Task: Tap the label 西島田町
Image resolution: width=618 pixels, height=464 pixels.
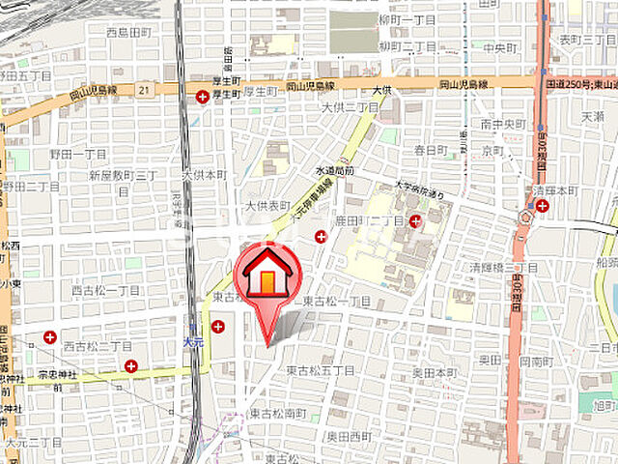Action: (128, 32)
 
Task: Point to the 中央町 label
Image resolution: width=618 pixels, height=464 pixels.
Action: (502, 45)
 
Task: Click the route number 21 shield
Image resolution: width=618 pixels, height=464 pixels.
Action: (143, 89)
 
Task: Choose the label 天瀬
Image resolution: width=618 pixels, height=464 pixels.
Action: (592, 116)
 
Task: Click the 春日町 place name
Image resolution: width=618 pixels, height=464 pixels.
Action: (431, 150)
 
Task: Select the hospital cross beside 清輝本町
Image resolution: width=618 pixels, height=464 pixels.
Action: (543, 205)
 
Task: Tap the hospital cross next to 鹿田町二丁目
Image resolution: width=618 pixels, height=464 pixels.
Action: (415, 221)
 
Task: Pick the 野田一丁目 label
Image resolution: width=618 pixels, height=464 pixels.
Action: (80, 154)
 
